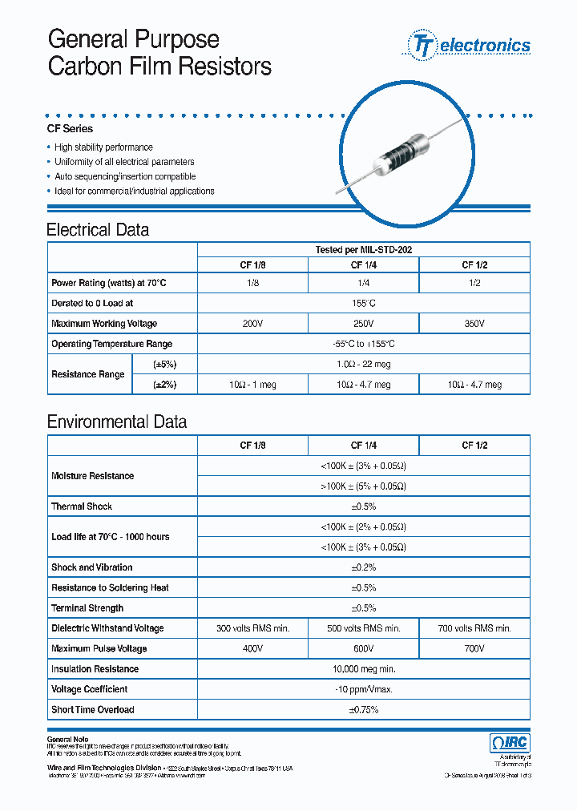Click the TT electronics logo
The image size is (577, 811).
point(470,45)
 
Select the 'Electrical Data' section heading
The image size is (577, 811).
point(98,230)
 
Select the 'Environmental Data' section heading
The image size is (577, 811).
point(117,422)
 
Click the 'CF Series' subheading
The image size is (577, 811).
point(71,129)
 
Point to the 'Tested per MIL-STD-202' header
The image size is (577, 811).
point(363,250)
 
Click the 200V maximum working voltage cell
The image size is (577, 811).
point(252,324)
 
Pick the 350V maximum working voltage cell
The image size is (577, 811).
point(474,324)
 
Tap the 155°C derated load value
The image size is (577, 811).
point(363,304)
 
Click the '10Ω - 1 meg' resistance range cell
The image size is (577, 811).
point(252,385)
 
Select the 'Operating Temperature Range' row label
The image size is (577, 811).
point(111,344)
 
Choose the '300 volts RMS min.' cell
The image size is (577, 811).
point(252,628)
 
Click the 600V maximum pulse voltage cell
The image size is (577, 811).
point(363,648)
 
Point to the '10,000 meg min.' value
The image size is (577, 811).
point(363,669)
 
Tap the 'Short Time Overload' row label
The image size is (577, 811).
point(93,709)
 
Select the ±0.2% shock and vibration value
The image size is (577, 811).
point(363,567)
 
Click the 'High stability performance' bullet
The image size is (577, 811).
point(103,147)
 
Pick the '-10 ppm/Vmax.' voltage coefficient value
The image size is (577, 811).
point(363,689)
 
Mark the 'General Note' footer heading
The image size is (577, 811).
point(68,738)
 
